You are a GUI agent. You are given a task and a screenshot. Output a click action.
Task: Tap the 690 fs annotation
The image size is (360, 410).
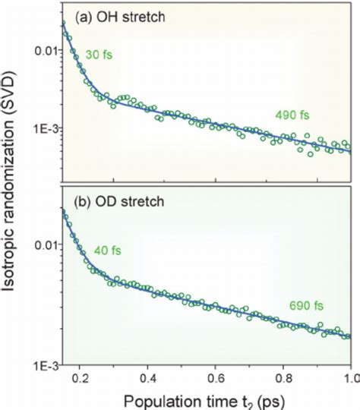pos(307,306)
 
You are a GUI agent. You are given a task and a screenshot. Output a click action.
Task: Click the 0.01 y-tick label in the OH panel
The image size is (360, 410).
pos(45,51)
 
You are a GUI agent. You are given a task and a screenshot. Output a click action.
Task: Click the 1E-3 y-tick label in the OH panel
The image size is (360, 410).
pos(44,129)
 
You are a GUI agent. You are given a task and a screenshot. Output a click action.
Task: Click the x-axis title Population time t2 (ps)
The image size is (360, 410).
pos(205,399)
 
